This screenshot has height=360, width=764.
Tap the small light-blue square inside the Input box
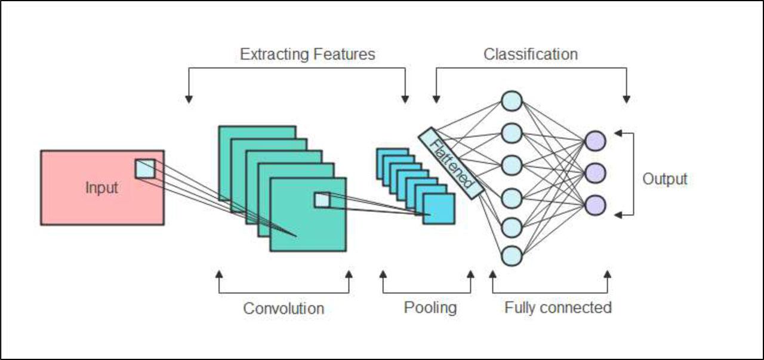click(x=145, y=168)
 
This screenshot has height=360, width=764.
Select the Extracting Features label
click(x=307, y=54)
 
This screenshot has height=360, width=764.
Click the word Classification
click(x=531, y=54)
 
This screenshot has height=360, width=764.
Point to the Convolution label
click(x=284, y=309)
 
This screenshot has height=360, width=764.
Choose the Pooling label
click(x=430, y=308)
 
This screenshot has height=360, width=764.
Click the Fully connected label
click(x=558, y=307)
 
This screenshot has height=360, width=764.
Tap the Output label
click(x=665, y=179)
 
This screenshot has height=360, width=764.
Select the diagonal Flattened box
click(x=451, y=163)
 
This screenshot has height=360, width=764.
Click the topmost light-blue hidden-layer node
click(x=512, y=101)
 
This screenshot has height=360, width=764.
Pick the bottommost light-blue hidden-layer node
click(x=512, y=256)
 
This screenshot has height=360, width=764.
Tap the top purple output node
click(x=595, y=141)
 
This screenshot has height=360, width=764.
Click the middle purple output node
click(x=595, y=173)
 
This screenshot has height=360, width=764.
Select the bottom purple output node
click(x=595, y=205)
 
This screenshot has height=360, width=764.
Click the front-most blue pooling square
click(x=439, y=209)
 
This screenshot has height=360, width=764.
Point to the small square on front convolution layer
click(x=322, y=201)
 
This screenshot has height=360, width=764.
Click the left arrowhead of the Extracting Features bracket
click(x=189, y=99)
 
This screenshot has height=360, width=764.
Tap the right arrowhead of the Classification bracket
click(x=626, y=99)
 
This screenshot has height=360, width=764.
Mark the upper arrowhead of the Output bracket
click(x=618, y=133)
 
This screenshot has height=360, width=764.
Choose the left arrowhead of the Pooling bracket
click(x=383, y=275)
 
